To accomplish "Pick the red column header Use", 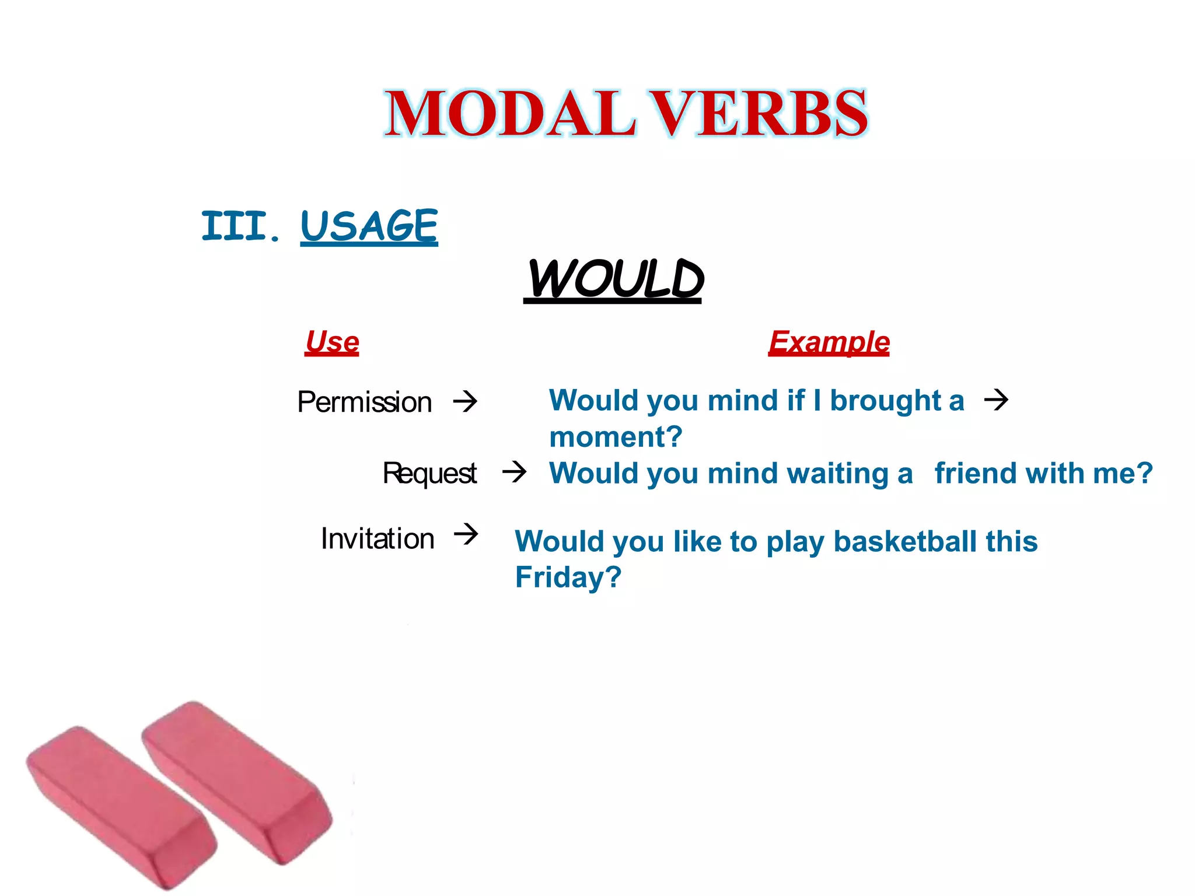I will (x=332, y=342).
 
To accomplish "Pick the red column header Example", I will (x=829, y=342).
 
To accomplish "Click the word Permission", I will (x=365, y=402).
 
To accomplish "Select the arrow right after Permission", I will (x=466, y=401).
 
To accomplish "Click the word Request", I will (x=429, y=473).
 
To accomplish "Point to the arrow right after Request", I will (x=515, y=471).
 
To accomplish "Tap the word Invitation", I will (x=378, y=538).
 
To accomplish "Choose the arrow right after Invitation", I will (x=466, y=534).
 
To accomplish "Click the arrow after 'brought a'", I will (x=996, y=400).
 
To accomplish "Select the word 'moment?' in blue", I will (x=616, y=437).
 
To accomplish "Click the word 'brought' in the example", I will (x=885, y=401).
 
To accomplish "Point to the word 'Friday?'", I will (x=568, y=577).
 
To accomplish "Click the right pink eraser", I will (x=239, y=782).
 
